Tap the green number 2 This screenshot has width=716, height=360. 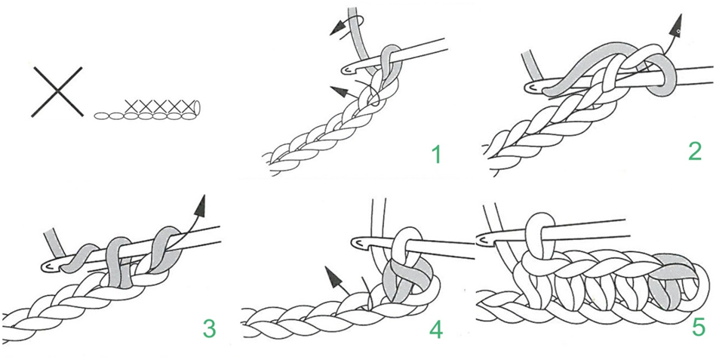point(694,152)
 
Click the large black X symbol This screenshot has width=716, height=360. point(57,91)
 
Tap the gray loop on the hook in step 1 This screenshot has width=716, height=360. point(386,67)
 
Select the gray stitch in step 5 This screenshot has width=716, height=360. point(673,280)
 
